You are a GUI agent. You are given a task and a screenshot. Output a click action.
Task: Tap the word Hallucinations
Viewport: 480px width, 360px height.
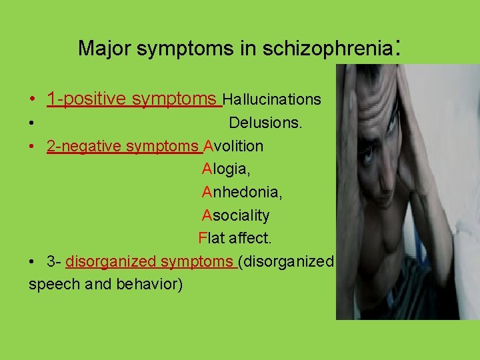tap(272, 100)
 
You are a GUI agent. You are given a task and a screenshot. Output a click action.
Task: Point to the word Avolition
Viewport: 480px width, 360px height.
tap(233, 146)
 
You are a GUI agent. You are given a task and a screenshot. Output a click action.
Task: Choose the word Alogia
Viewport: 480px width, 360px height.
tap(226, 169)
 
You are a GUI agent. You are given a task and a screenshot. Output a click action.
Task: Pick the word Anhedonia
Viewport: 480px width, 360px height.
tap(242, 193)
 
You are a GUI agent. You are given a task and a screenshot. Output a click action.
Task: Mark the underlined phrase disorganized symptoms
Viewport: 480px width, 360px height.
tap(150, 261)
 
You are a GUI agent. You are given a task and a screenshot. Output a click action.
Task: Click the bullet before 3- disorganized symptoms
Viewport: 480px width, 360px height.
tap(33, 262)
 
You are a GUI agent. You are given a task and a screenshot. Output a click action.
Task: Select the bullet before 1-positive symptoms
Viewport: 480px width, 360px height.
tap(33, 100)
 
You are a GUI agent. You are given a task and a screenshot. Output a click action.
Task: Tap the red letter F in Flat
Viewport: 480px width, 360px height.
tap(202, 238)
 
